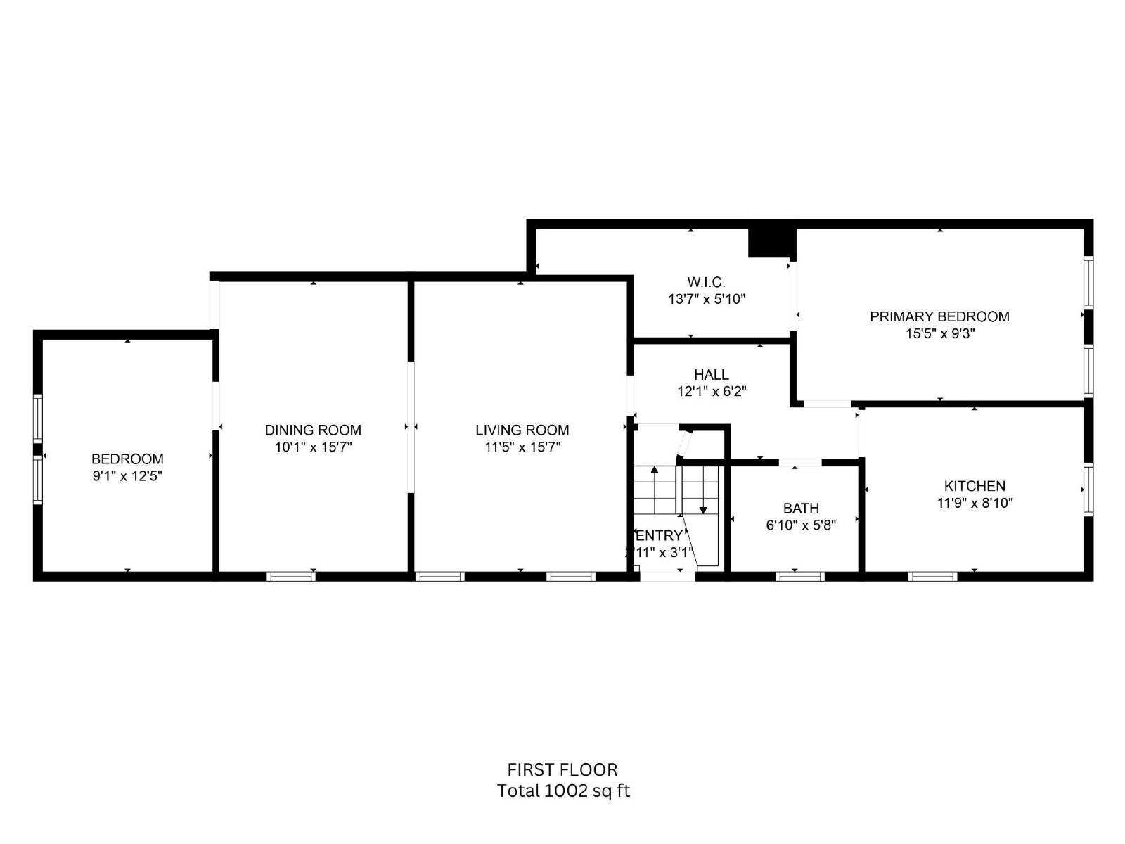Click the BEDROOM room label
click(127, 459)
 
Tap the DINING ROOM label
click(313, 430)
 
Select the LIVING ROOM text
click(522, 430)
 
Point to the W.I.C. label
click(706, 282)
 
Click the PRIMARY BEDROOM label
click(939, 316)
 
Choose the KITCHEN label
click(975, 486)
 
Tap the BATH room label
click(801, 508)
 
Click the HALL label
click(711, 375)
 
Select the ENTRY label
click(660, 536)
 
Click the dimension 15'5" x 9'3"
click(939, 334)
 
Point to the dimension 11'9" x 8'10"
click(975, 503)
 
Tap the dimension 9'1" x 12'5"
click(127, 476)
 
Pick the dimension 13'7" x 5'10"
click(706, 299)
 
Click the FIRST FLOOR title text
click(562, 769)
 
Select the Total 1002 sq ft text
click(563, 791)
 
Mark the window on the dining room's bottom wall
click(291, 576)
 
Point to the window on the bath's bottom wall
click(799, 576)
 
